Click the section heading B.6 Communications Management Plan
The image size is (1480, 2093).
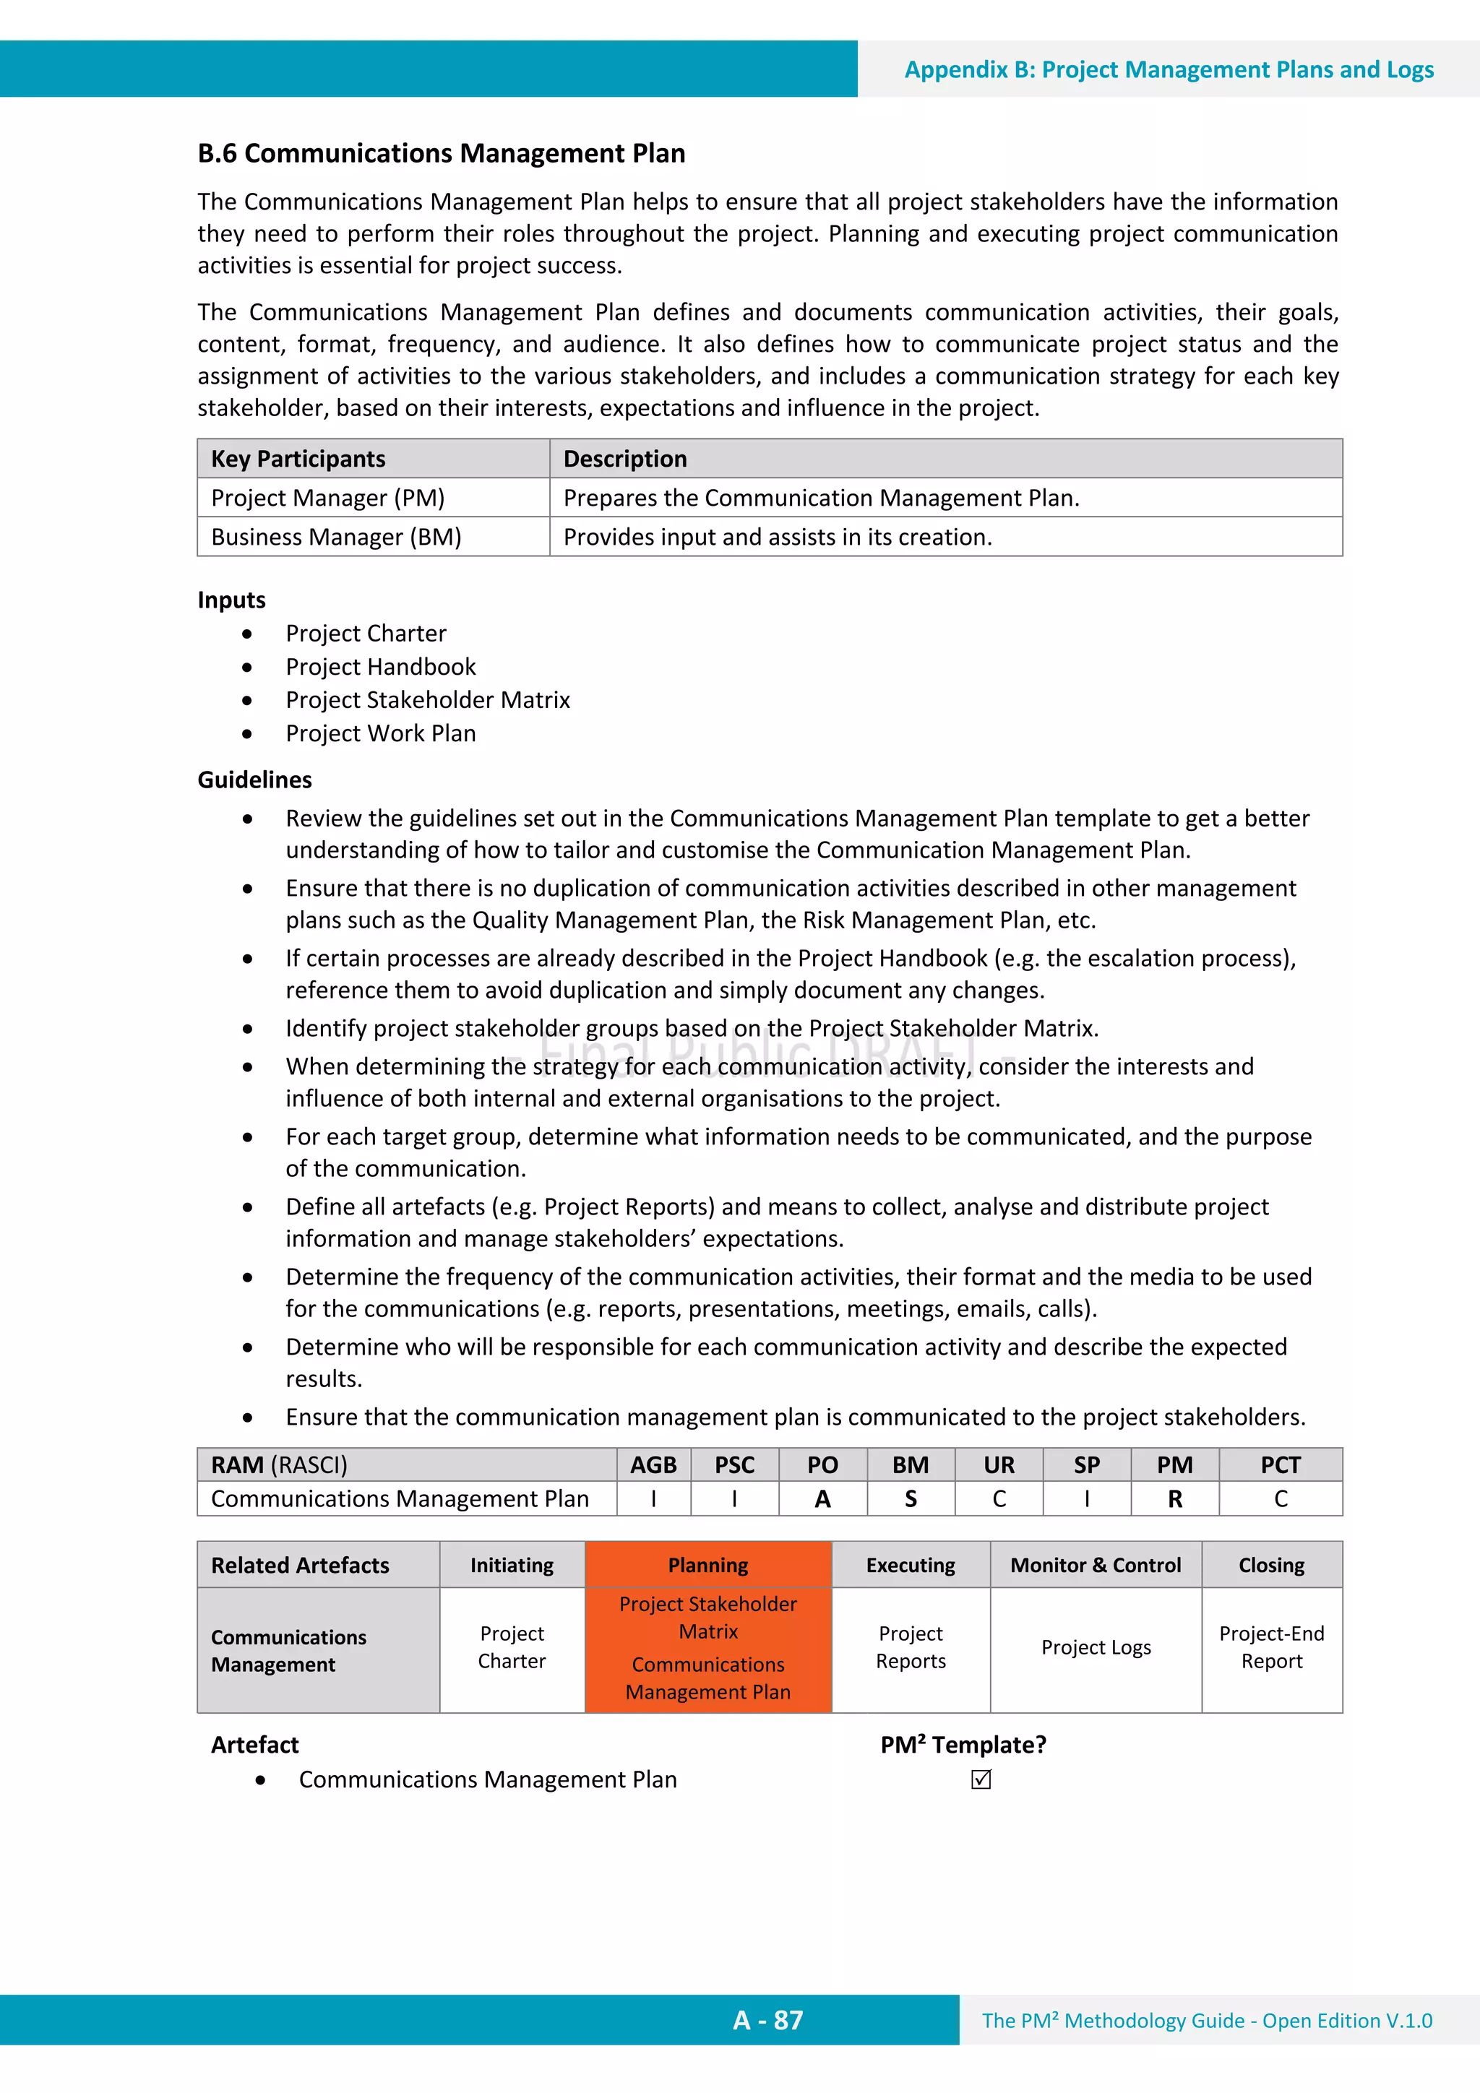(x=442, y=153)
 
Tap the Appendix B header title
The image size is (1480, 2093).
(x=1168, y=69)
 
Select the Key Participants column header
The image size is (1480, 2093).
(x=298, y=459)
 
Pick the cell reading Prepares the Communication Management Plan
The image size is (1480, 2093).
(x=821, y=498)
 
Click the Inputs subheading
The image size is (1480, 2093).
(x=232, y=600)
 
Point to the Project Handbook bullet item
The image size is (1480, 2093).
(x=380, y=666)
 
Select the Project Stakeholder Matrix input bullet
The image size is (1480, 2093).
(x=428, y=700)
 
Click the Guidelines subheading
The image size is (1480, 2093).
(x=254, y=780)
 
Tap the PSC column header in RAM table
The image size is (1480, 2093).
(x=734, y=1465)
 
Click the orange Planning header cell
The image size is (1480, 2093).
(x=707, y=1565)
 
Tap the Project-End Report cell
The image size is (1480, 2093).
(x=1271, y=1647)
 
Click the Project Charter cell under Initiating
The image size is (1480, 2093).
(x=512, y=1647)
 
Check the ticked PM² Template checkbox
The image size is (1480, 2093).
(x=981, y=1779)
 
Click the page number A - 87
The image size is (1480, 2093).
(x=767, y=2020)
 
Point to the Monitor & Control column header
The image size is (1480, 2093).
(x=1095, y=1565)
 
